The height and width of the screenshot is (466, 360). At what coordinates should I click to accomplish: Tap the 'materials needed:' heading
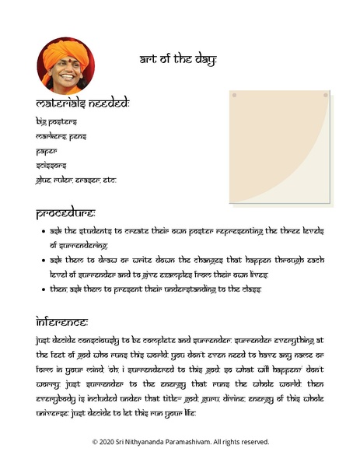click(x=82, y=103)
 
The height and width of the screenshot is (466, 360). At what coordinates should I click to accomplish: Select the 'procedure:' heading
click(x=65, y=212)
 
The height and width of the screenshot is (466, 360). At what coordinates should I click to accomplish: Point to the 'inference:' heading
click(x=61, y=321)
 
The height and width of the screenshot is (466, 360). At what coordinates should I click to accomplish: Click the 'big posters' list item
click(x=57, y=121)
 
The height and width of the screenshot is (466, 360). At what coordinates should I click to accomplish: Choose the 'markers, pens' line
click(x=61, y=136)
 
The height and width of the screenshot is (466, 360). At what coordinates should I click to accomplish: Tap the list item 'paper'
click(x=47, y=151)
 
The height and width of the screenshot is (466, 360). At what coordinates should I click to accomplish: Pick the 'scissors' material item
click(x=51, y=165)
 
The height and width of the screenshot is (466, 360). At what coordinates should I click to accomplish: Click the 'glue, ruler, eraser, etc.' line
click(x=75, y=180)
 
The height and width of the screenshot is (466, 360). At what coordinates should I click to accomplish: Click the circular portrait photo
click(x=65, y=65)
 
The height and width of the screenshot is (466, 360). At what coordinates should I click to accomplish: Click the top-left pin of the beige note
click(x=234, y=96)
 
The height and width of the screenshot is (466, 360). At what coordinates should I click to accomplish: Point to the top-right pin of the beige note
click(x=325, y=96)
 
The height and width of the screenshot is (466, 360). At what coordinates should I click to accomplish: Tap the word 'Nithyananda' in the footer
click(x=156, y=442)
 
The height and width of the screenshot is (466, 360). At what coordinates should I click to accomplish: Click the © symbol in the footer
click(x=96, y=442)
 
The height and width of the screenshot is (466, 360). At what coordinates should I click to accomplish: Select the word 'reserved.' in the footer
click(x=253, y=442)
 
